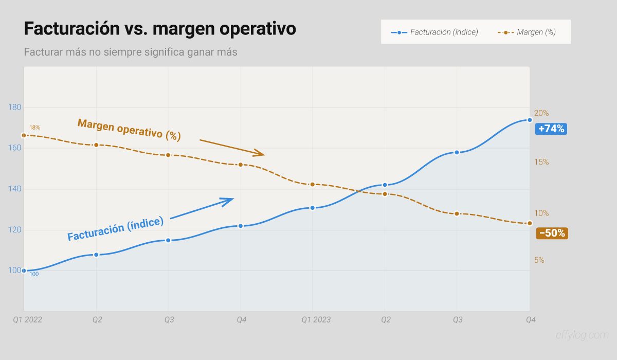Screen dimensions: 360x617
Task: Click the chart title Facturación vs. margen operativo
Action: pyautogui.click(x=160, y=29)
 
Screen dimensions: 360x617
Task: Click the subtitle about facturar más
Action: pyautogui.click(x=131, y=52)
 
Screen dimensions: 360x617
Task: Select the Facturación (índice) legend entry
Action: pyautogui.click(x=435, y=32)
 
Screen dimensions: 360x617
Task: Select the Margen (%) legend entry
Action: pyautogui.click(x=528, y=32)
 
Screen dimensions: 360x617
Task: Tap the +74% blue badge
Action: pyautogui.click(x=551, y=129)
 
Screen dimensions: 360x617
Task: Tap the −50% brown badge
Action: pyautogui.click(x=552, y=233)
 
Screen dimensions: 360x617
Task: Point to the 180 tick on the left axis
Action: pyautogui.click(x=15, y=107)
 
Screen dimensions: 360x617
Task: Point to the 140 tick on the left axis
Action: pyautogui.click(x=15, y=189)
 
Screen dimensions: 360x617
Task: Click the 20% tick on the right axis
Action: pyautogui.click(x=541, y=113)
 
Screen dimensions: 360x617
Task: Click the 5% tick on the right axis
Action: pyautogui.click(x=539, y=260)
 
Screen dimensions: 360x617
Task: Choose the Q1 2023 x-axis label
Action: pyautogui.click(x=316, y=320)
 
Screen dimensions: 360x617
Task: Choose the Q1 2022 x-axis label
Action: pyautogui.click(x=27, y=320)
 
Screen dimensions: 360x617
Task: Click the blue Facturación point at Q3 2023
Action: pyautogui.click(x=457, y=152)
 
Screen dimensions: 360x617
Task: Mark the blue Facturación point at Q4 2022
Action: pyautogui.click(x=241, y=226)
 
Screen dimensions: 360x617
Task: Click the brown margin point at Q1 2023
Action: pyautogui.click(x=312, y=185)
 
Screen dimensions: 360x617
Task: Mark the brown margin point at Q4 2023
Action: pyautogui.click(x=530, y=223)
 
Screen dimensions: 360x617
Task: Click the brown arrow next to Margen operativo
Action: pyautogui.click(x=232, y=147)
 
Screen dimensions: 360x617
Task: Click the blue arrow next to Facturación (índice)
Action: pyautogui.click(x=202, y=208)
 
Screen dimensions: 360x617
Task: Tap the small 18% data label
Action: pyautogui.click(x=34, y=128)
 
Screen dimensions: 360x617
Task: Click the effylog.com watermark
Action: pyautogui.click(x=582, y=335)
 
